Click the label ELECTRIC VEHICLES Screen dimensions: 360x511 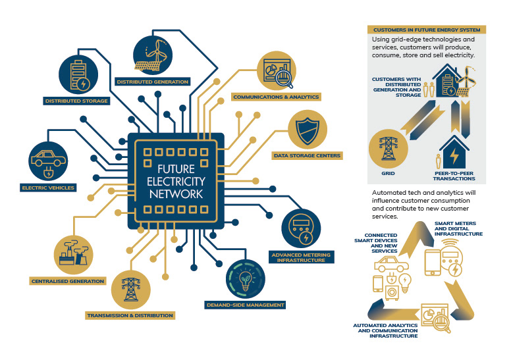[48, 188]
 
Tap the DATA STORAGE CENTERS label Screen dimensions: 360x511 [307, 156]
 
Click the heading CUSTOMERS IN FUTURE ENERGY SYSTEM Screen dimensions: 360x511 [427, 30]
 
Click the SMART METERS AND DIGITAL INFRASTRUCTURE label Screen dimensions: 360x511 [458, 229]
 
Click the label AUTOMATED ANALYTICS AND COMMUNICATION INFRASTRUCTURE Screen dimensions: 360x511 [385, 330]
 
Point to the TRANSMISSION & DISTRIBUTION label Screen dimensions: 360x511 [130, 315]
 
